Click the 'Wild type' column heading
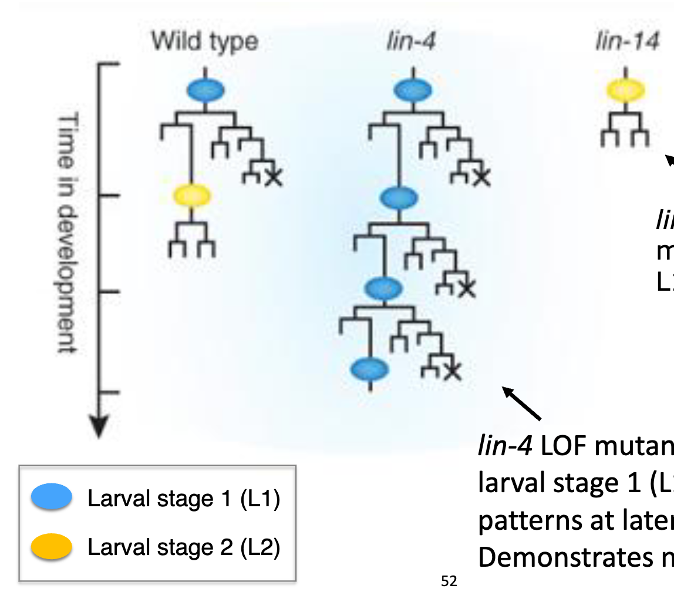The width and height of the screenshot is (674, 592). click(204, 42)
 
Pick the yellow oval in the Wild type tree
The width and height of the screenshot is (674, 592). click(191, 195)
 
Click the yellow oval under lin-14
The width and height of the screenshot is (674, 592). click(626, 90)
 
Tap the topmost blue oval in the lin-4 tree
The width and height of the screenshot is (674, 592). click(412, 90)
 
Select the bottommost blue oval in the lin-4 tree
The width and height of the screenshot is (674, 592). click(369, 369)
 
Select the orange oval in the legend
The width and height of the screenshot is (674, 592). click(52, 547)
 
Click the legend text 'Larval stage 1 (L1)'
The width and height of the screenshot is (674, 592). click(184, 499)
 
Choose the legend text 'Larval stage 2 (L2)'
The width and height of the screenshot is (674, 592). click(184, 547)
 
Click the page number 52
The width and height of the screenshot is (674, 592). click(449, 582)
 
